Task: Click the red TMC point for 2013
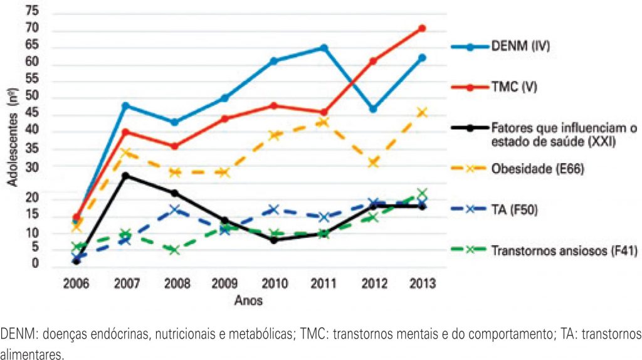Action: [x=422, y=28]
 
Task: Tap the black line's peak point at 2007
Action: [x=125, y=176]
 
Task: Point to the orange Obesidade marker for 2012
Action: [x=373, y=162]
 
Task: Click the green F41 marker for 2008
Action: [x=174, y=250]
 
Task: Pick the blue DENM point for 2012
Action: [x=373, y=109]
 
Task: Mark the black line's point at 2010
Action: [x=274, y=240]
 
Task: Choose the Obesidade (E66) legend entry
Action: [x=536, y=169]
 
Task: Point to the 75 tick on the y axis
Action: [x=32, y=12]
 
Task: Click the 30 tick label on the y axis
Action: [x=32, y=167]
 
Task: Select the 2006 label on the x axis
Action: [x=76, y=283]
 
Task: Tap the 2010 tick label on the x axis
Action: [x=274, y=283]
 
